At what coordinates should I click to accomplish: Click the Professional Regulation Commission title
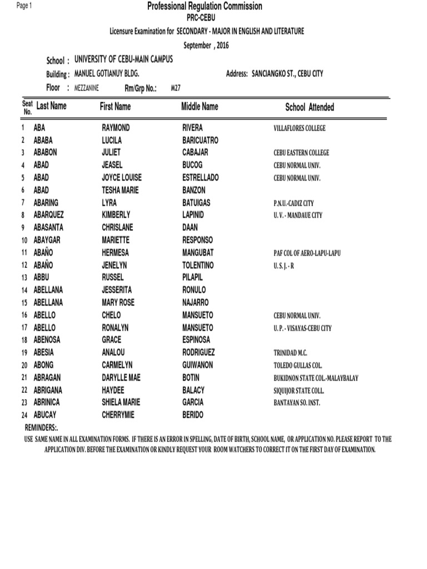pyautogui.click(x=205, y=6)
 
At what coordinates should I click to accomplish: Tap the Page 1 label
pyautogui.click(x=25, y=6)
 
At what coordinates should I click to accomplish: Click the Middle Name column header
pyautogui.click(x=200, y=106)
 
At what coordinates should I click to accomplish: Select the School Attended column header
pyautogui.click(x=310, y=107)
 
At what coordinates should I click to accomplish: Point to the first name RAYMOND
pyautogui.click(x=116, y=128)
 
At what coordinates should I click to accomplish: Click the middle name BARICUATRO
pyautogui.click(x=200, y=141)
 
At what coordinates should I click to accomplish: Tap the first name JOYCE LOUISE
pyautogui.click(x=122, y=178)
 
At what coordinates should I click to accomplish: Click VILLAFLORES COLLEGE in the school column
pyautogui.click(x=300, y=128)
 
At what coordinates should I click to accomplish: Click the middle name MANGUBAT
pyautogui.click(x=198, y=253)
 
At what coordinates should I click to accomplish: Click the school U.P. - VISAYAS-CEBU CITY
pyautogui.click(x=302, y=328)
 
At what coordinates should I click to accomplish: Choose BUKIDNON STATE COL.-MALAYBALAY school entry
pyautogui.click(x=316, y=378)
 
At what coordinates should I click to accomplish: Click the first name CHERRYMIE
pyautogui.click(x=118, y=415)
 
